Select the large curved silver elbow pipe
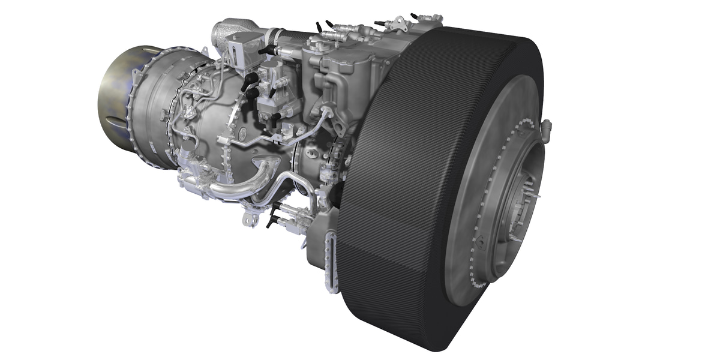240,183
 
